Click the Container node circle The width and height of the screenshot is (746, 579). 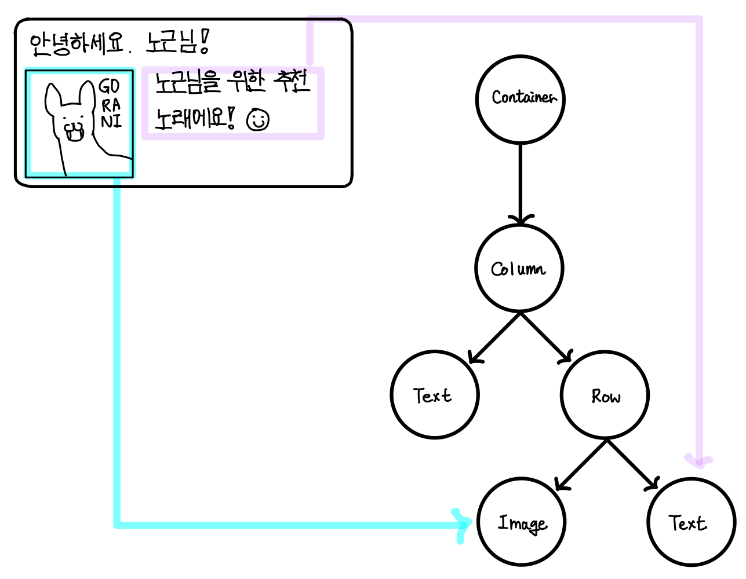click(520, 99)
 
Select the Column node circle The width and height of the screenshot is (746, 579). click(519, 268)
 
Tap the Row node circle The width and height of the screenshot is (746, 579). click(605, 395)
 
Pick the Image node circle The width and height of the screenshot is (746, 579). click(521, 522)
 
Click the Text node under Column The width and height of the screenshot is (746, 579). click(435, 394)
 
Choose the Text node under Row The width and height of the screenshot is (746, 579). click(691, 522)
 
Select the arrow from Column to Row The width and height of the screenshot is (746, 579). click(545, 338)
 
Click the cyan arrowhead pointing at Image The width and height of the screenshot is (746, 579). click(463, 525)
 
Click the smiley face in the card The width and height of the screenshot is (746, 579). click(258, 120)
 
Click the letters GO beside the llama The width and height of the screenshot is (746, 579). click(109, 87)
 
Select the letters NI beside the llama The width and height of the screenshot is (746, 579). click(111, 121)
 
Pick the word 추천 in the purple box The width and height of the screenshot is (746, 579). click(292, 83)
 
